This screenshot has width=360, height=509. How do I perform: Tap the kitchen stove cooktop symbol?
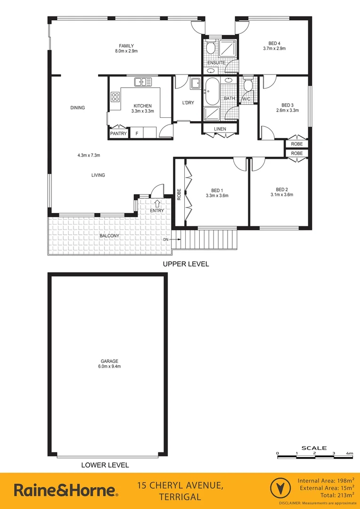pos(115,97)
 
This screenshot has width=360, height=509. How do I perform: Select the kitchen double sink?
pos(142,82)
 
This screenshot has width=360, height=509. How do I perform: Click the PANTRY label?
pos(118,134)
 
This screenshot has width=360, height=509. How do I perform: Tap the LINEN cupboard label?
pos(220,129)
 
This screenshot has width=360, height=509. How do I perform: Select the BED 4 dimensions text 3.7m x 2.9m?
pos(274,49)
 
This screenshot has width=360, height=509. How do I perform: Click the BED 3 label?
pos(287,105)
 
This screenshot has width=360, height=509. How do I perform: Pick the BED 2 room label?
pos(282,189)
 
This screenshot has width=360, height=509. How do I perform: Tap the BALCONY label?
pos(109,236)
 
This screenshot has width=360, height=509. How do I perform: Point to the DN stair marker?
pos(166,240)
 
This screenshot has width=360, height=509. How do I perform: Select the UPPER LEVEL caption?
pos(186,264)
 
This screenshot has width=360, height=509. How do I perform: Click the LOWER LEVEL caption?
pos(105,465)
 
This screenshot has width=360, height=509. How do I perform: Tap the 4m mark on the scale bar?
pos(349,453)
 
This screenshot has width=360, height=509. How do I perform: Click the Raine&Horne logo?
pos(66,490)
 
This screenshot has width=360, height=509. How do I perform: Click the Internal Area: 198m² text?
pos(326,480)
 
